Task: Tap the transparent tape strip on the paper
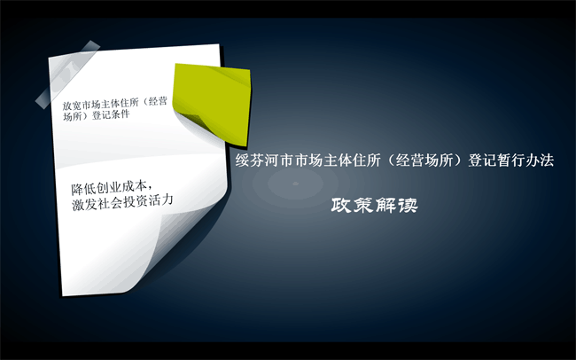coord(67,74)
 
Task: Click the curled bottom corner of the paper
coord(176,250)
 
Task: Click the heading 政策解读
coord(374,205)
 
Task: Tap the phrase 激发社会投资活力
coord(122,203)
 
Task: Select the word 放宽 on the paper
coord(72,106)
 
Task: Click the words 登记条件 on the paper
coord(111,114)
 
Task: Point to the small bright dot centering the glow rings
coord(295,184)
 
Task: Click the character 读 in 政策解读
coord(409,205)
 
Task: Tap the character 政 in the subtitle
coord(341,205)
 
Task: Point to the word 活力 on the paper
coord(164,200)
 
